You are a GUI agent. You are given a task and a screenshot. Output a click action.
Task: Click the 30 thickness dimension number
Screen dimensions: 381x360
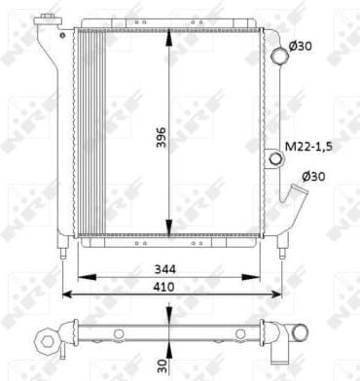pyautogui.click(x=162, y=366)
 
